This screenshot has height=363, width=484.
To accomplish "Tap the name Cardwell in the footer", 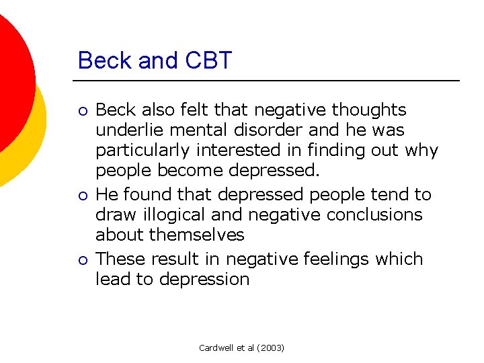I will point(216,348).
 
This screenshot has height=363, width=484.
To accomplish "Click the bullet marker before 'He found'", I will point(82,196).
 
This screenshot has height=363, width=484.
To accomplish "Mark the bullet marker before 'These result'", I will point(82,260).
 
